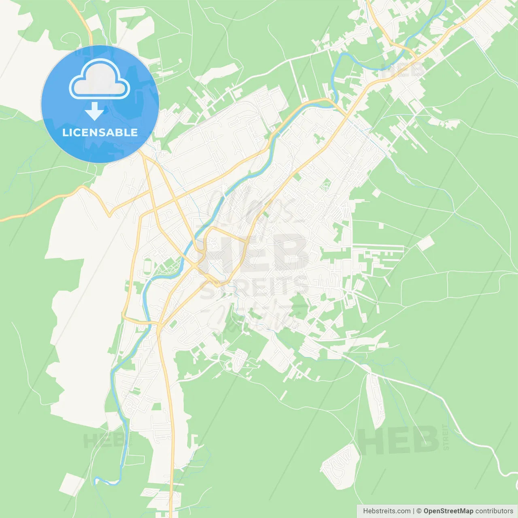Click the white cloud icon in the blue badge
(100, 80)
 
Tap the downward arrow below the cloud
(94, 111)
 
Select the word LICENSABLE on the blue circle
(100, 132)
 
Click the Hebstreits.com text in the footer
(386, 511)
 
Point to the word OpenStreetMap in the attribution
(448, 511)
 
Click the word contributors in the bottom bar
(494, 511)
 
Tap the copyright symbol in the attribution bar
(419, 511)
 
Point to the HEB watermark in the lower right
(399, 440)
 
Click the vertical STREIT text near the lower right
(446, 437)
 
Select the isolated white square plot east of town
(425, 243)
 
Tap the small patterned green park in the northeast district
(326, 187)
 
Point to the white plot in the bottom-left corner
(72, 484)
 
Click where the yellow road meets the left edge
(2, 220)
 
